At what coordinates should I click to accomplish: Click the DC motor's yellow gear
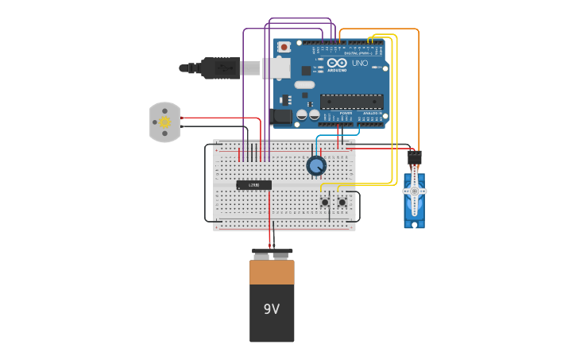(x=164, y=122)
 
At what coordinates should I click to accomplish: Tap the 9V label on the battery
(x=272, y=308)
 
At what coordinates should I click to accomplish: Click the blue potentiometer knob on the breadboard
(x=316, y=165)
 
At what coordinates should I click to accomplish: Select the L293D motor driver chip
(x=253, y=185)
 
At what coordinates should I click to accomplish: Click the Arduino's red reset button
(x=284, y=48)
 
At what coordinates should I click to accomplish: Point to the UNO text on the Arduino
(x=360, y=63)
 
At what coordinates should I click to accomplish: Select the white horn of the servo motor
(x=414, y=192)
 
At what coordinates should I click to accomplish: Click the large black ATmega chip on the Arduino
(x=351, y=101)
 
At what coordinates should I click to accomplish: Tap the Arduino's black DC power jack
(x=281, y=116)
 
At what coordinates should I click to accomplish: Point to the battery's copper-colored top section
(x=272, y=273)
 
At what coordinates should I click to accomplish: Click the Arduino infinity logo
(x=337, y=64)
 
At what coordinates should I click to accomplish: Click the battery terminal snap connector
(x=272, y=255)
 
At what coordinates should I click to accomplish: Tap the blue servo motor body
(x=414, y=208)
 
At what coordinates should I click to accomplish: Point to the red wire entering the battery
(x=269, y=238)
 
